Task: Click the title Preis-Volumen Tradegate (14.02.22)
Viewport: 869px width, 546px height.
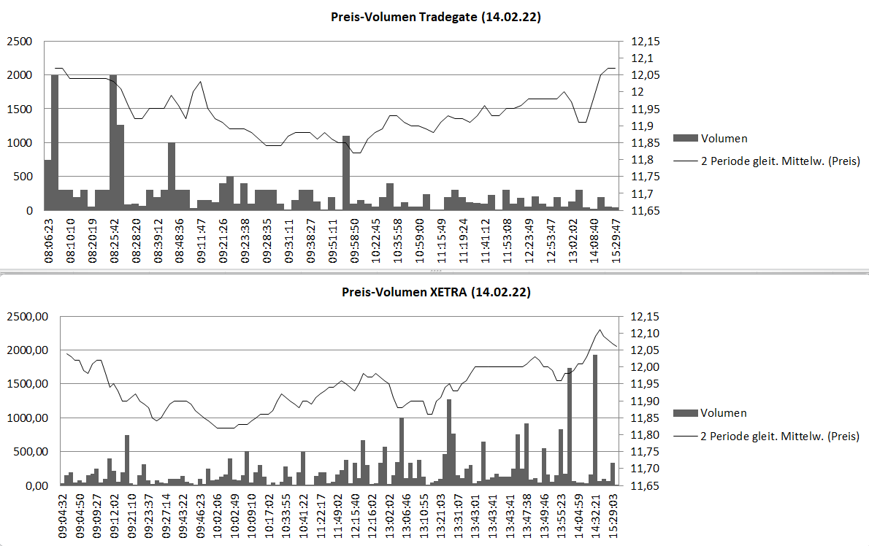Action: [436, 18]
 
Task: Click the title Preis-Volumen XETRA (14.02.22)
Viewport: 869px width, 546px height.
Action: [436, 292]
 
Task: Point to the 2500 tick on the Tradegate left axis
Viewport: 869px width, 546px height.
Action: [19, 42]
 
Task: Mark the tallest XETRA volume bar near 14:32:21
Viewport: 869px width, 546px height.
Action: [595, 420]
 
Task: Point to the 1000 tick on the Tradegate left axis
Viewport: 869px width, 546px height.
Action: [19, 143]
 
